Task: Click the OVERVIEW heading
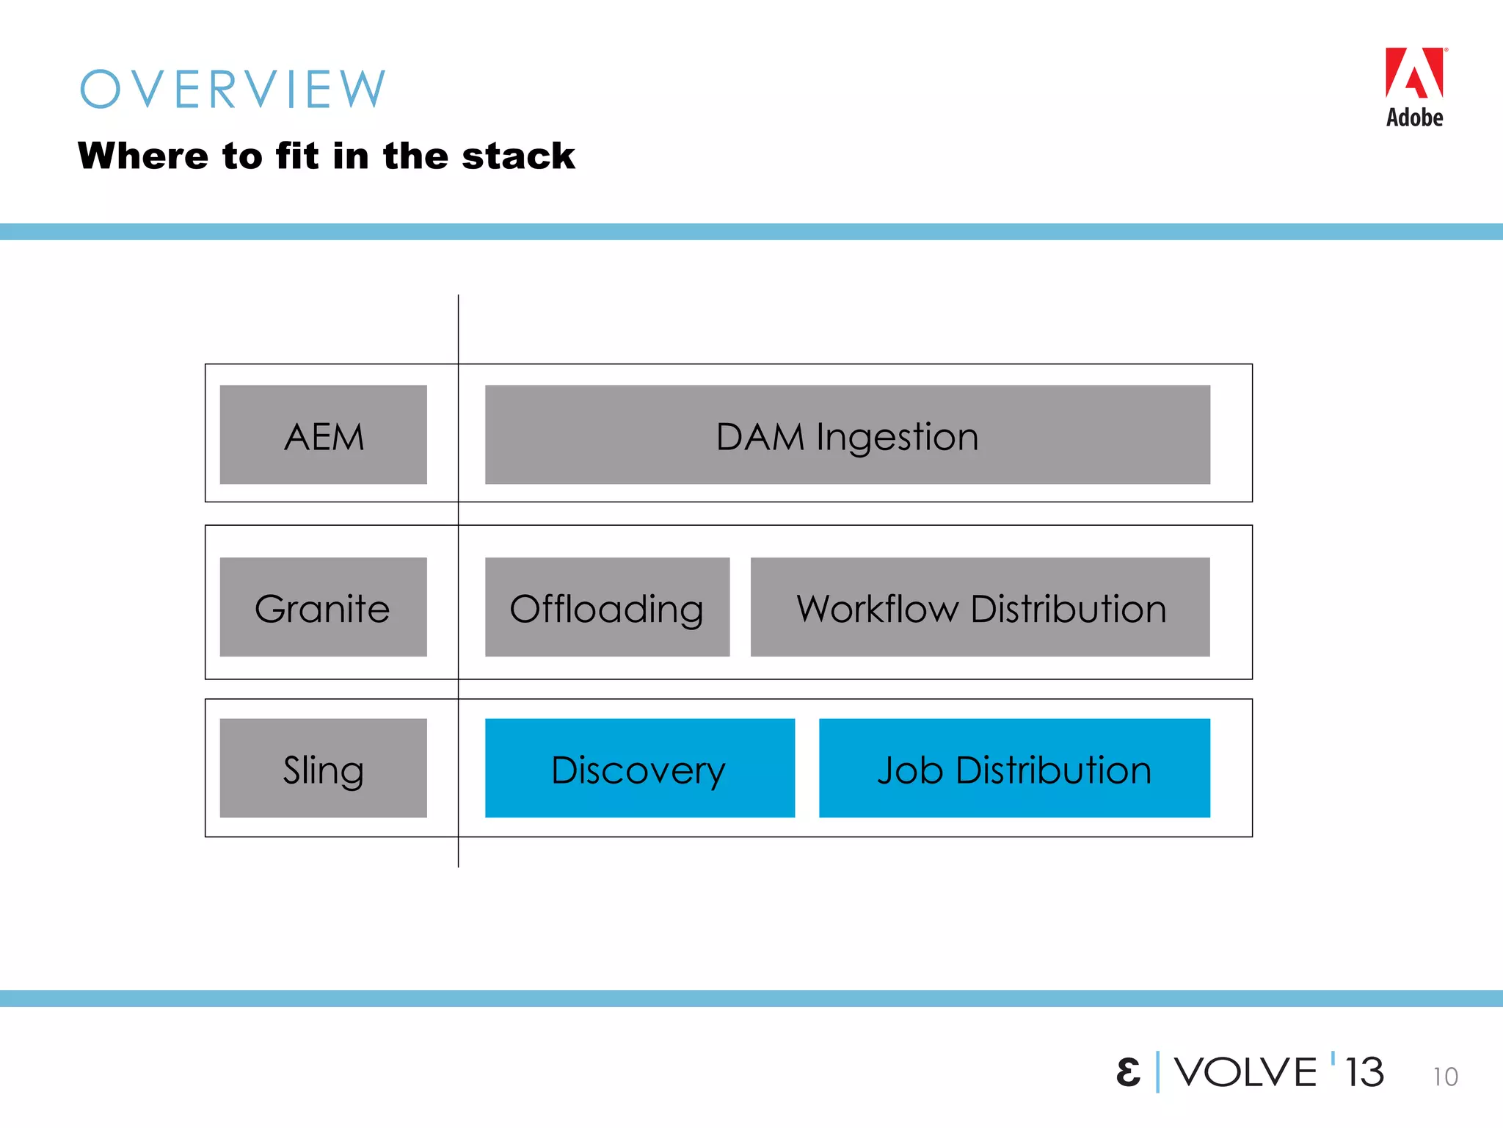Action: pyautogui.click(x=233, y=90)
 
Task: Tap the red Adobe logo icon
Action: pyautogui.click(x=1414, y=73)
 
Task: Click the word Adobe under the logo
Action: pyautogui.click(x=1414, y=117)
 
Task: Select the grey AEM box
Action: pyautogui.click(x=323, y=435)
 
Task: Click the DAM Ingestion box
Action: pyautogui.click(x=847, y=435)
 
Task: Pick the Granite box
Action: pyautogui.click(x=323, y=607)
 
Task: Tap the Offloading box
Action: pyautogui.click(x=607, y=607)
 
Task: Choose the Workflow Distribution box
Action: pyautogui.click(x=980, y=607)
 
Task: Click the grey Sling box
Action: pyautogui.click(x=323, y=768)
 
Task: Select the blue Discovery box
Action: pyautogui.click(x=639, y=768)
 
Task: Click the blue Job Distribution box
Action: pyautogui.click(x=1014, y=768)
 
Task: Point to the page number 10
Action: pyautogui.click(x=1445, y=1077)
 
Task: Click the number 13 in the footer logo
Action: pyautogui.click(x=1364, y=1072)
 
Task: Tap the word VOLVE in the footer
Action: pyautogui.click(x=1245, y=1072)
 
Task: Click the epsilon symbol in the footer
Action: pyautogui.click(x=1128, y=1072)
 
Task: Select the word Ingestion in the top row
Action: pyautogui.click(x=897, y=437)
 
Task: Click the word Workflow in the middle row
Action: pyautogui.click(x=878, y=609)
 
